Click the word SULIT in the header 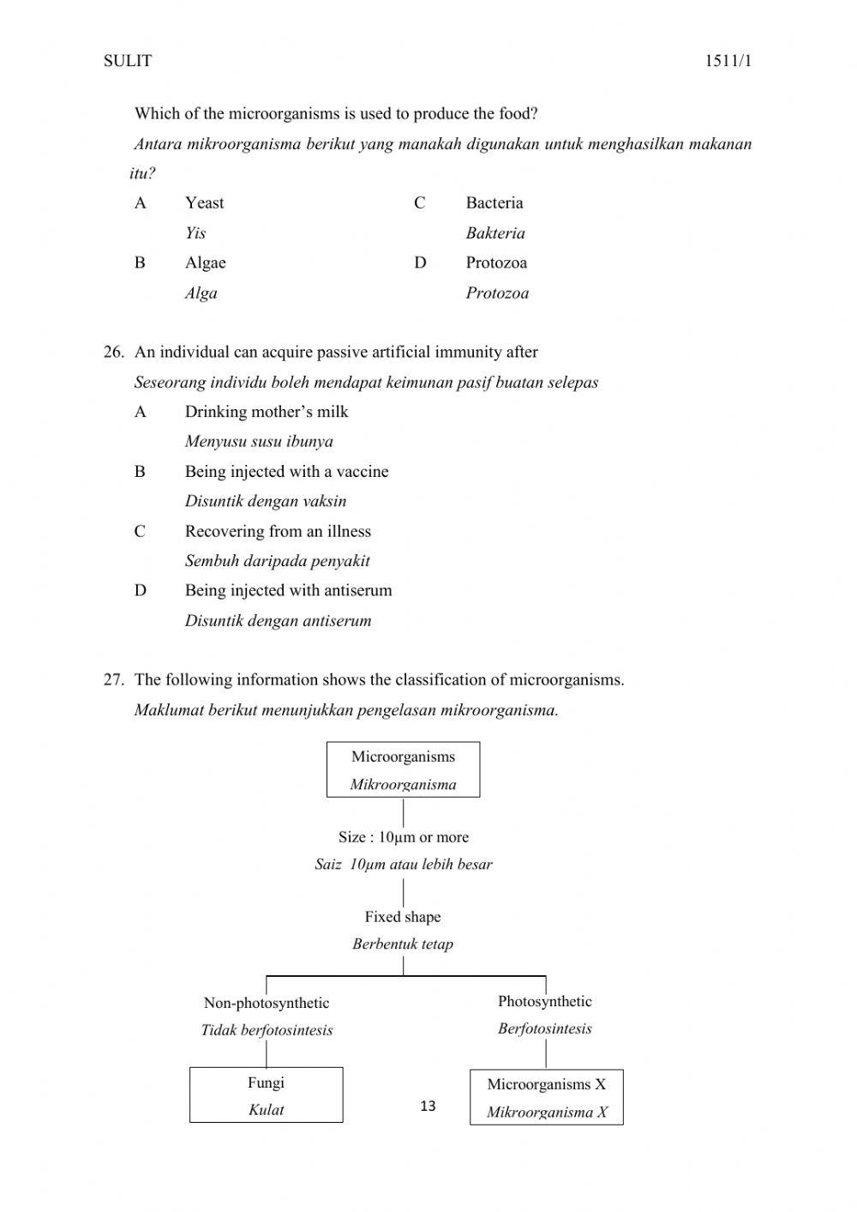[x=127, y=61]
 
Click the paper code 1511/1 [x=728, y=61]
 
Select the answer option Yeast [x=204, y=203]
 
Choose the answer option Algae [x=205, y=263]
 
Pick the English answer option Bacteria [x=494, y=203]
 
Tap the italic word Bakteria [x=495, y=233]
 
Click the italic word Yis [x=195, y=233]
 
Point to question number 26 [x=113, y=353]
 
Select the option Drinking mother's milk [x=267, y=412]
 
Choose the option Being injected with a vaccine [x=286, y=472]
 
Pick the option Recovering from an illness [x=278, y=532]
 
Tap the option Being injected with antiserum [x=288, y=591]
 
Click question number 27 [x=113, y=680]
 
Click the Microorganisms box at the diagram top [x=403, y=769]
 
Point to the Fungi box [x=266, y=1095]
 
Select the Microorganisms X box [x=547, y=1097]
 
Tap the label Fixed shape [x=403, y=917]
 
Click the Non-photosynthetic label [x=267, y=1004]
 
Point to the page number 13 [x=428, y=1106]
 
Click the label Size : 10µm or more [x=403, y=838]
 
